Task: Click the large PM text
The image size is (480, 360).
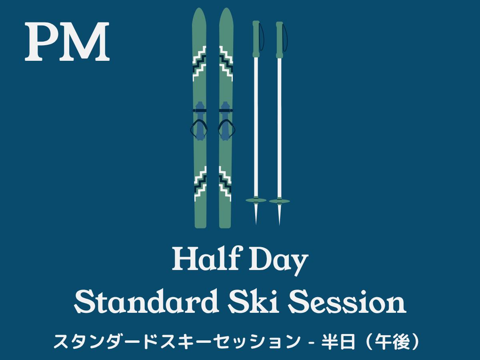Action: click(x=67, y=41)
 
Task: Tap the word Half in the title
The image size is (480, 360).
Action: click(x=205, y=258)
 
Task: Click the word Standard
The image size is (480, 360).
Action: click(x=146, y=301)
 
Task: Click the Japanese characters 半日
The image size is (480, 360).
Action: click(x=338, y=342)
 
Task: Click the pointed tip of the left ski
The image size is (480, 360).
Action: click(x=199, y=8)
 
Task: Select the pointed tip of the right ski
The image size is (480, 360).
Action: click(x=226, y=8)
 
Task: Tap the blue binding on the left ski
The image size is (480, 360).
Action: click(x=199, y=121)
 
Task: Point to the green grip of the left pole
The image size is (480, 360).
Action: click(x=256, y=39)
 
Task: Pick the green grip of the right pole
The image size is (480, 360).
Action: click(x=280, y=40)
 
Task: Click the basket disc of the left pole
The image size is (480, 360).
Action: click(x=256, y=200)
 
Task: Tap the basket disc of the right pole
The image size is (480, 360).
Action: click(x=280, y=201)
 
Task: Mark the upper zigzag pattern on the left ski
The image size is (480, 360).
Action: click(x=199, y=63)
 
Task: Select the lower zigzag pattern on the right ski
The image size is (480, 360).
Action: click(x=225, y=184)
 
